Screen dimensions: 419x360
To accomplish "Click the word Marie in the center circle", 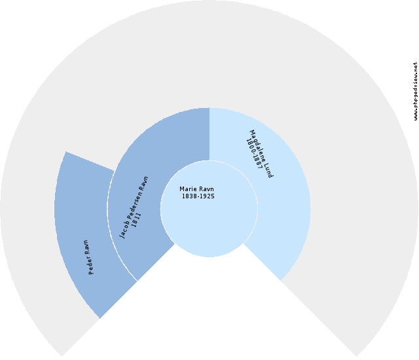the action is [187, 189].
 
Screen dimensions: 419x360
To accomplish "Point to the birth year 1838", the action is [189, 196].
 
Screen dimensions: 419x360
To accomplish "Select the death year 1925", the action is [207, 196].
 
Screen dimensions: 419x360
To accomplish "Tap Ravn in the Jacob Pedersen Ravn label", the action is [144, 182].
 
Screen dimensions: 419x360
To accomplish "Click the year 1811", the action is [136, 219].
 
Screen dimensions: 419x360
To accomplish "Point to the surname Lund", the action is [269, 170].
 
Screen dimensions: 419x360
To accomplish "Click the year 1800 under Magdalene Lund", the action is [250, 145].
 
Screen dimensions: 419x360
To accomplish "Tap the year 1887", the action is [257, 162].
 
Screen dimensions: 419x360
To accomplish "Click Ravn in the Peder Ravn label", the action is [86, 247].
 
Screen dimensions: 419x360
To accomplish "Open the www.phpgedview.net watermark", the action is [415, 92].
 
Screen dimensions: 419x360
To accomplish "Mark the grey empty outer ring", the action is [209, 54].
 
